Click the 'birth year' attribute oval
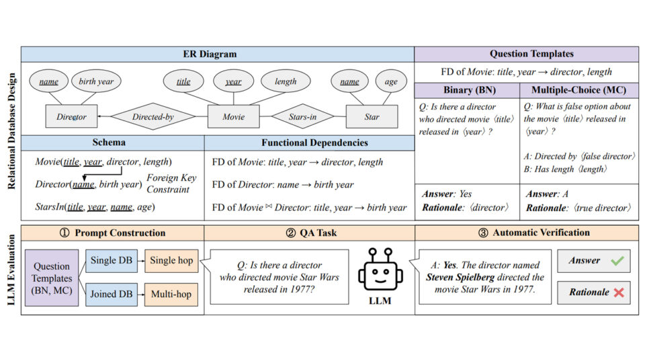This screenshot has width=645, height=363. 96,82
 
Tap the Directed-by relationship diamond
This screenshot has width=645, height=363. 153,117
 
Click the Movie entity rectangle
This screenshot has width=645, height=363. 234,117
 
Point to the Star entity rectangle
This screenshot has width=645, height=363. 372,117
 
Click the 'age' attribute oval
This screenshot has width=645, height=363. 391,82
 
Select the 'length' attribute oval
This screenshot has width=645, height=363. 286,82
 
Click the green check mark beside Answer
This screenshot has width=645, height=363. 616,261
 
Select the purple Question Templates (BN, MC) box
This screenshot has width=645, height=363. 52,277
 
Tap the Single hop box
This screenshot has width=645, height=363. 172,261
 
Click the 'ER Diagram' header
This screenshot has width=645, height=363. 217,54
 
